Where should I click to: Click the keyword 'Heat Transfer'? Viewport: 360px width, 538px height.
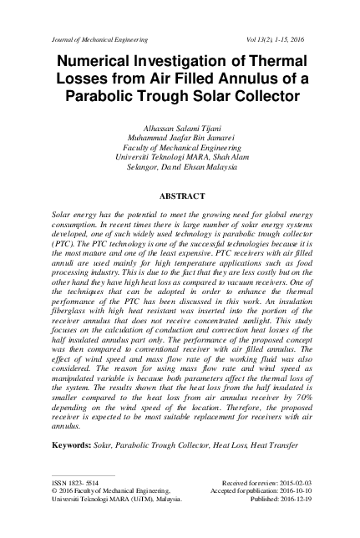[x=274, y=446]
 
